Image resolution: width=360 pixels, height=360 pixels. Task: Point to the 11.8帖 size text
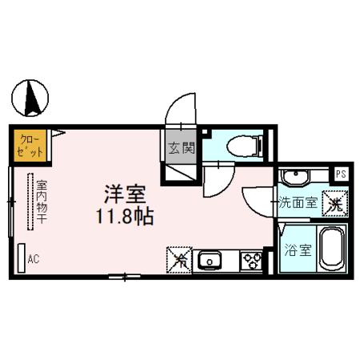125,215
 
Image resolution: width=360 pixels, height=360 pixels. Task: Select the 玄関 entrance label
182,148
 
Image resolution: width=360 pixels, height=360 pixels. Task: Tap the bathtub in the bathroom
330,249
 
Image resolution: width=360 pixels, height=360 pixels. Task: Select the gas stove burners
251,259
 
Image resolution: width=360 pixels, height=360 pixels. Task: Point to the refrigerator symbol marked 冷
179,258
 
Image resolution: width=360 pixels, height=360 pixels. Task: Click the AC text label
34,258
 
